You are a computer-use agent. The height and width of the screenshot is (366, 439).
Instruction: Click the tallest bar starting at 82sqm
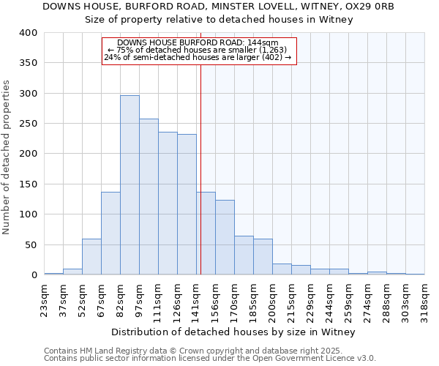coord(130,185)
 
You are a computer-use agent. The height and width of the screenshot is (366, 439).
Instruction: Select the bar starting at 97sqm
coord(149,197)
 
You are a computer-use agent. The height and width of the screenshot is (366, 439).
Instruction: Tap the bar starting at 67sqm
coord(110,234)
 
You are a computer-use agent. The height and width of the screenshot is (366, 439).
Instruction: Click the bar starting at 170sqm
coord(244,255)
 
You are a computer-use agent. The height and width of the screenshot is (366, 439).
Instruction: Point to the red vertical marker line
coord(200,168)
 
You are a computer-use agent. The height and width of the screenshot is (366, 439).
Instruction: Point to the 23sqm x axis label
coord(44,296)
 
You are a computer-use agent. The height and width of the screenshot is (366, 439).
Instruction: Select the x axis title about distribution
coord(234,332)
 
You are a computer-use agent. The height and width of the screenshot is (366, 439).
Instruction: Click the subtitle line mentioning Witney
coord(219,20)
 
